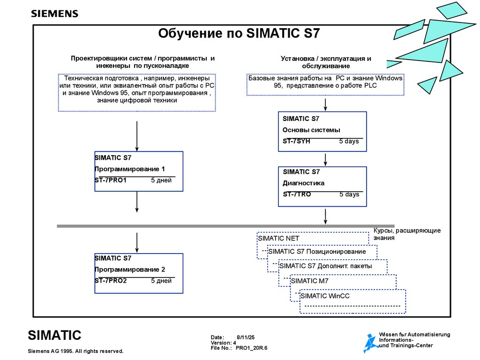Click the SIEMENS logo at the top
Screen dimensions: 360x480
(54, 14)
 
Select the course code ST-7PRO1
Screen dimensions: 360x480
(111, 180)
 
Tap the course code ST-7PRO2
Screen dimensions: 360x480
(111, 281)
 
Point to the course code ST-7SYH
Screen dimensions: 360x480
(296, 141)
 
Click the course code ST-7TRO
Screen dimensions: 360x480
(297, 194)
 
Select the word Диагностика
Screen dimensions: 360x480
(303, 183)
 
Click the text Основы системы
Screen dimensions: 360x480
(311, 130)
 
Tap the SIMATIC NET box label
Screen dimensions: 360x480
(278, 238)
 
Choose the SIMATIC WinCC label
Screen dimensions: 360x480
(325, 296)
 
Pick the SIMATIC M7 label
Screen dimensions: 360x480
(310, 281)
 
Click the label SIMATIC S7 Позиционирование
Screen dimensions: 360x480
(317, 252)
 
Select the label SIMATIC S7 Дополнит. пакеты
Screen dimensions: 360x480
(325, 266)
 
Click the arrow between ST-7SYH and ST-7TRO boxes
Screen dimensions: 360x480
(323, 159)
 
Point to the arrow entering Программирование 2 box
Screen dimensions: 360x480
(136, 242)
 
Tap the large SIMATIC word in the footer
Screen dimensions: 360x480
(54, 335)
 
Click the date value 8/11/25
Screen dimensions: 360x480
(246, 337)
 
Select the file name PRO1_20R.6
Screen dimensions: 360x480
(252, 348)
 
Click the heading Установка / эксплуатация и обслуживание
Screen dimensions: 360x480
(326, 62)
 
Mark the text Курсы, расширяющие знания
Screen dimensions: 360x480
(407, 234)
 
